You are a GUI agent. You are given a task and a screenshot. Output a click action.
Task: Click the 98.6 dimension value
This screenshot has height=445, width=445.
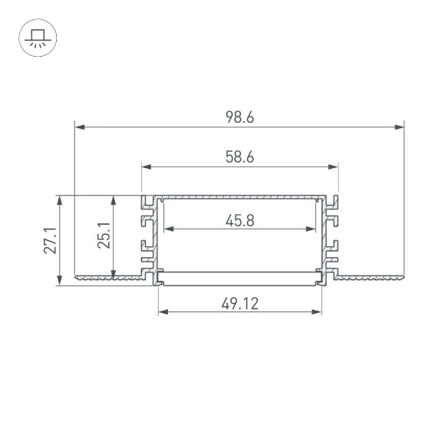[x=239, y=117]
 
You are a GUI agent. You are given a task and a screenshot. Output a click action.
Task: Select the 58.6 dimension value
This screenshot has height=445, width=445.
[x=239, y=157]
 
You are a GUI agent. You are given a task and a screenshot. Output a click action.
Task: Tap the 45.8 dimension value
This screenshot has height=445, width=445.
[x=239, y=221]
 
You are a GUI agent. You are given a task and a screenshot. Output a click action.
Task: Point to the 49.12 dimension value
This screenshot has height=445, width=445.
[x=239, y=303]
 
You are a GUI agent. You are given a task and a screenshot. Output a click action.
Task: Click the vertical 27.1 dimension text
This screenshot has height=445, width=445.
[x=50, y=241]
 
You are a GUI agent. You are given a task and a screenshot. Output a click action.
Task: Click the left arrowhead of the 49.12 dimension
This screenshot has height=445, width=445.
[x=163, y=311]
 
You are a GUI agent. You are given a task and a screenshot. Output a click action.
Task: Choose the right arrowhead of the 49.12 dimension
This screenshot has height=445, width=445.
[x=316, y=311]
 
